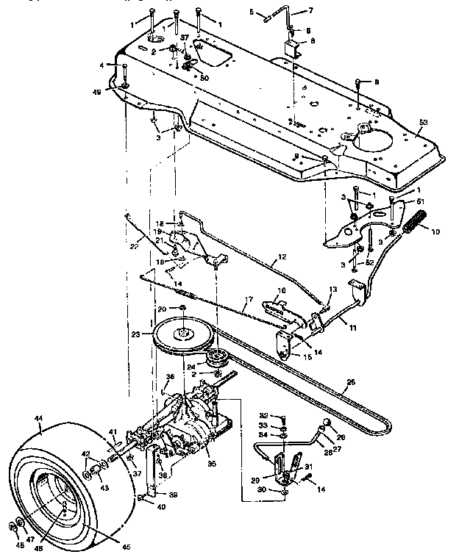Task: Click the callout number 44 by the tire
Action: pos(39,416)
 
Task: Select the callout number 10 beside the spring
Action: pos(435,231)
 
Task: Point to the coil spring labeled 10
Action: pos(416,220)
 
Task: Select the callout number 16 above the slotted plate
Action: pos(281,292)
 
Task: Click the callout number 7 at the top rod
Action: pos(310,11)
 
